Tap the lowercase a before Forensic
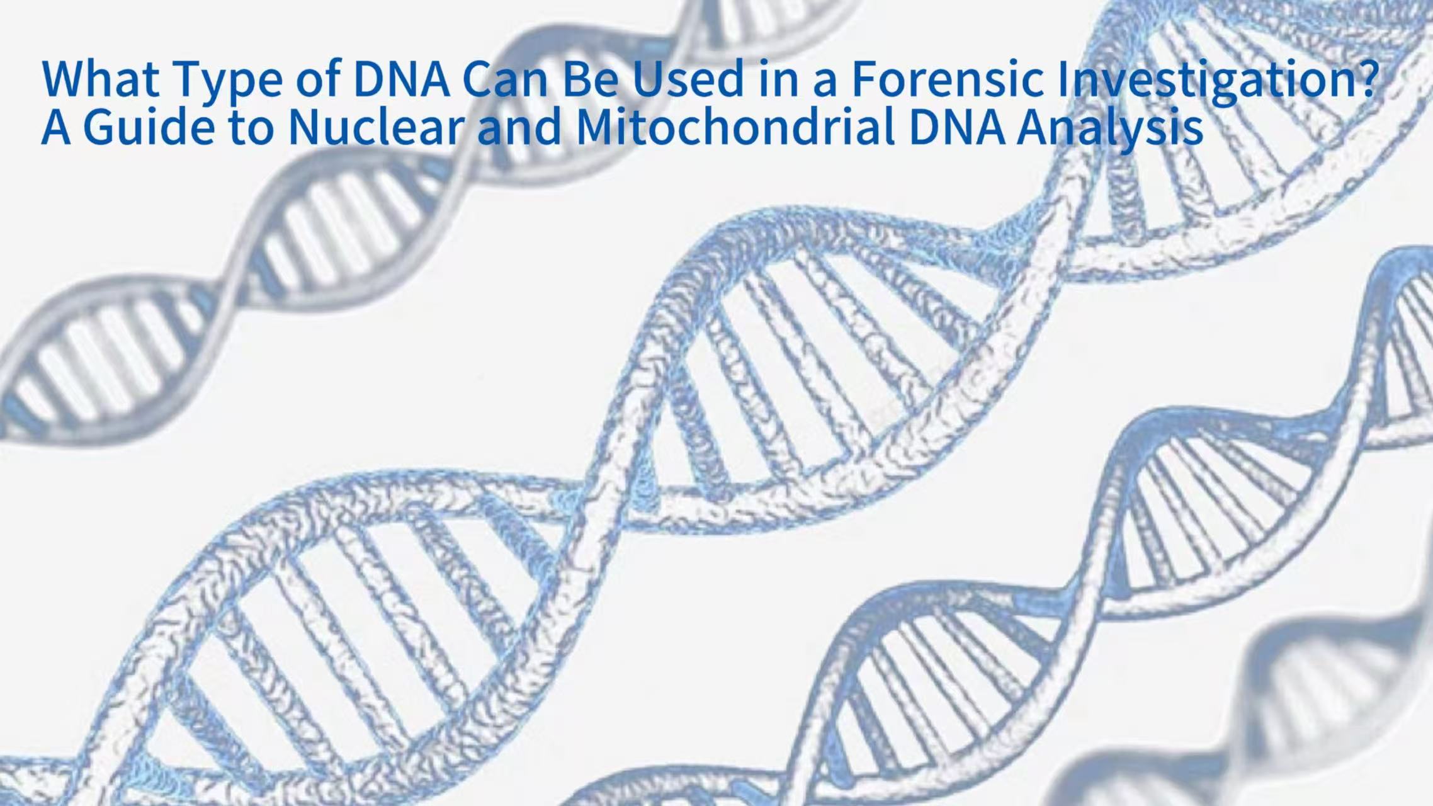pyautogui.click(x=824, y=82)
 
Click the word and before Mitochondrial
pyautogui.click(x=519, y=126)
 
